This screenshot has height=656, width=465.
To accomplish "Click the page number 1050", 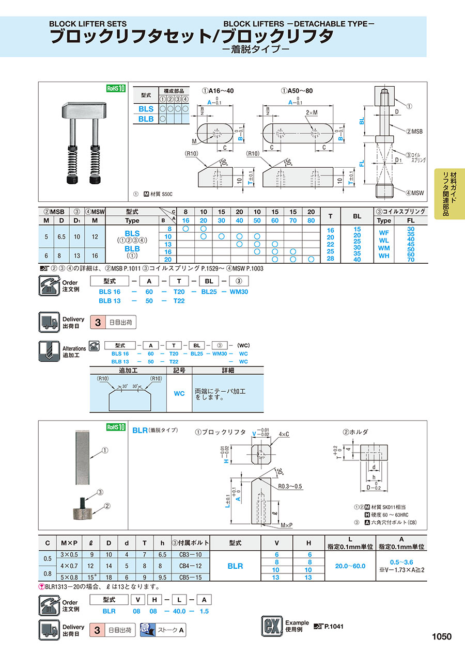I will [441, 636].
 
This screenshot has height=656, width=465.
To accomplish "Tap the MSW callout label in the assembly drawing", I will [414, 193].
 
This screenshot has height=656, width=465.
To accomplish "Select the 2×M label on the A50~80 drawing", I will [312, 113].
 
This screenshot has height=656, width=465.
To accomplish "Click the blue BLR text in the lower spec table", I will [235, 566].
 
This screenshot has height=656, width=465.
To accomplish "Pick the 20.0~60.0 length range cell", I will [350, 566].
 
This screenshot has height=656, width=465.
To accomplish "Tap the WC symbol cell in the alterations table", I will [179, 393].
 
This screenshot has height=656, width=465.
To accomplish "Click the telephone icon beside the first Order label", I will [50, 285].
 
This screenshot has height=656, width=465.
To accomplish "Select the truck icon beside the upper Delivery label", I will [50, 323].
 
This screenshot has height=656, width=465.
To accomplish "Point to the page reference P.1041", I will [333, 626].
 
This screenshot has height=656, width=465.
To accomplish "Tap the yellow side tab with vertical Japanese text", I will [450, 194].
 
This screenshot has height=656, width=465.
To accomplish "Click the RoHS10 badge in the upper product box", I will [116, 88].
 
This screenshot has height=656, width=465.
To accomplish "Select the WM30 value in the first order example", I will [238, 292].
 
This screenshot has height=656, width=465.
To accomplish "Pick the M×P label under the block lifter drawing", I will [287, 525].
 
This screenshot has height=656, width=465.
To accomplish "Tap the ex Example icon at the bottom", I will [271, 626].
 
